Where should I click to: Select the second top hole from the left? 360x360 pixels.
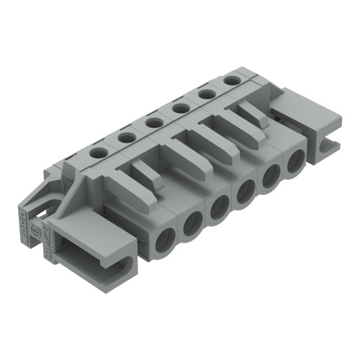[127, 137]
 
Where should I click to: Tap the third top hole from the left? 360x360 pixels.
[153, 122]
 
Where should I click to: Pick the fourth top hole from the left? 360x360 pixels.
[180, 108]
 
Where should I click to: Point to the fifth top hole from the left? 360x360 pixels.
[206, 94]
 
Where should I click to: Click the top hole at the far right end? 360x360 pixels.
[231, 80]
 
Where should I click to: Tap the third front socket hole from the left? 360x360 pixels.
[220, 208]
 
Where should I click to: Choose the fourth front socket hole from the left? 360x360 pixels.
[246, 192]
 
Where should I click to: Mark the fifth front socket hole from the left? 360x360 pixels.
[271, 176]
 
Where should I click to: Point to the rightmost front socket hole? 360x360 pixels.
[296, 162]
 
